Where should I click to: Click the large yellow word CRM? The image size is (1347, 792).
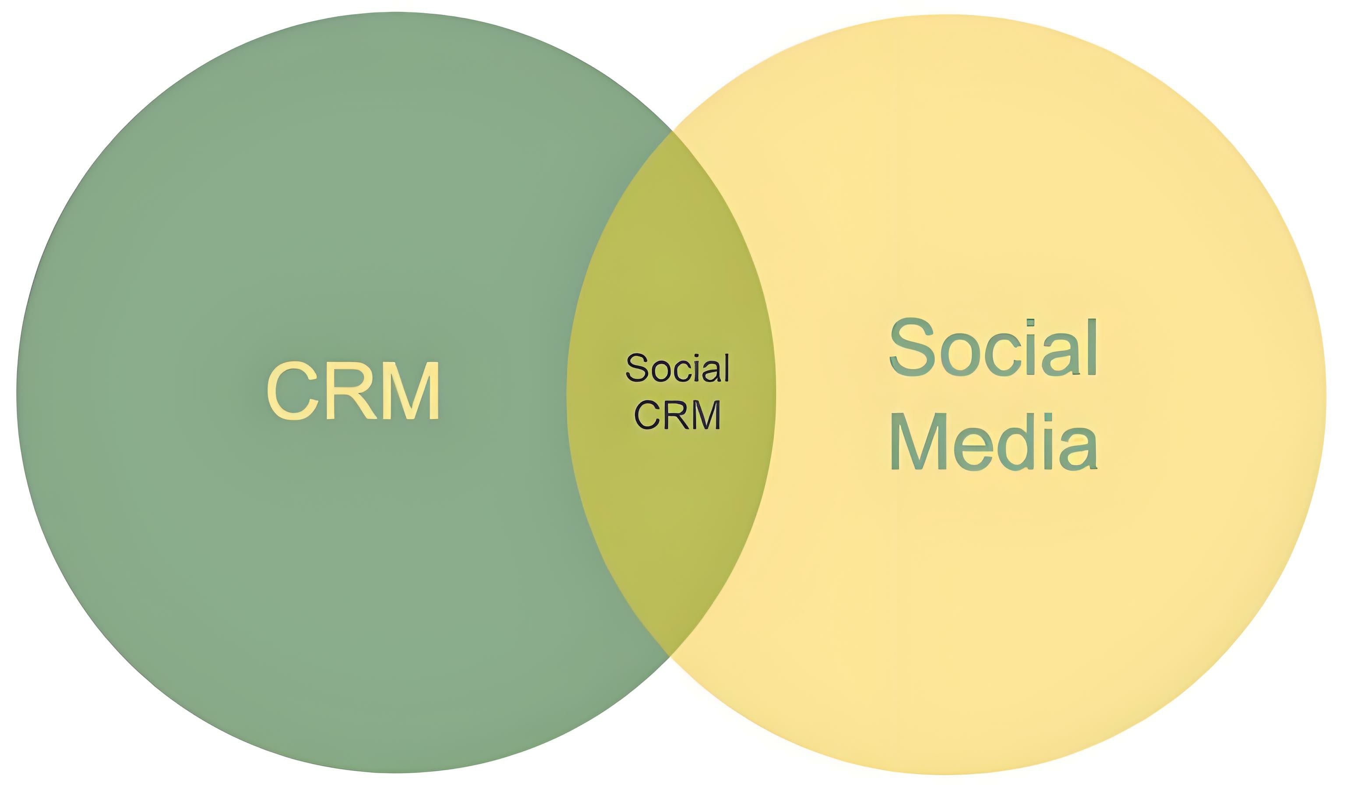(x=353, y=390)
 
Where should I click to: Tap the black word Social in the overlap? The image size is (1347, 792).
(x=677, y=368)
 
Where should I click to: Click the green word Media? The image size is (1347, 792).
(x=994, y=442)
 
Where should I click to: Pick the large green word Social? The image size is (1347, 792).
(x=993, y=348)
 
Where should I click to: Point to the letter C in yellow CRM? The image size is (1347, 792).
(x=291, y=390)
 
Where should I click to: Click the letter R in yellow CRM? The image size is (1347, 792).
(x=351, y=390)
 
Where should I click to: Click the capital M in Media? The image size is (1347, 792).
(x=918, y=442)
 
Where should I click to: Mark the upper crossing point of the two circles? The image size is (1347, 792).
(x=671, y=131)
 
